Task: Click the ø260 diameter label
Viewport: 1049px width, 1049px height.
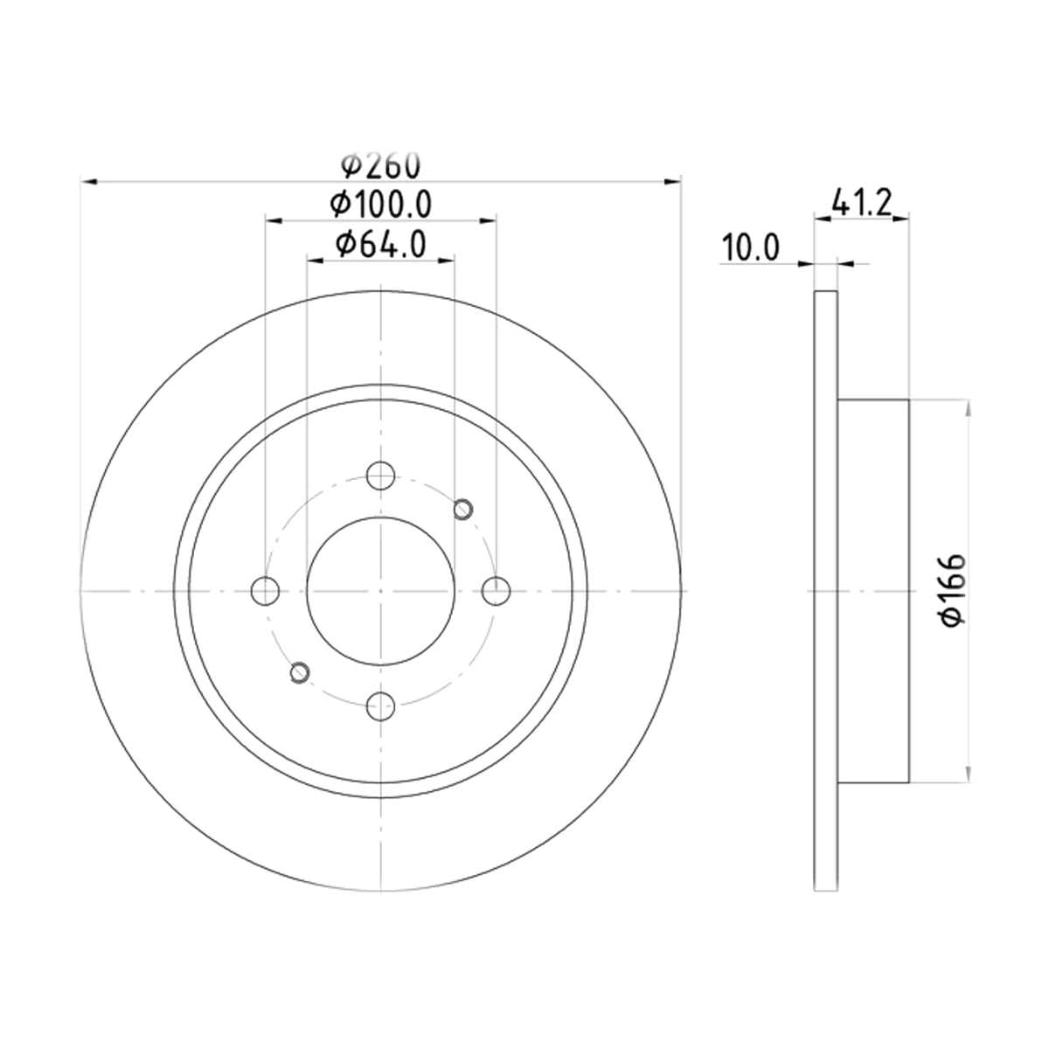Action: pyautogui.click(x=380, y=165)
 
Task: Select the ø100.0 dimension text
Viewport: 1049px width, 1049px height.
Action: pyautogui.click(x=380, y=205)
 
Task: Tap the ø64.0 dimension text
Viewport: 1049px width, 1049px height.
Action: pyautogui.click(x=380, y=245)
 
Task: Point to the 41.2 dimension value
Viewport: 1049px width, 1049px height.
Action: pyautogui.click(x=862, y=203)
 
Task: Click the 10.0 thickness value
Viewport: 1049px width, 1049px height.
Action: pyautogui.click(x=750, y=247)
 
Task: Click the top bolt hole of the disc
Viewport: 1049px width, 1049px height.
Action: pyautogui.click(x=380, y=476)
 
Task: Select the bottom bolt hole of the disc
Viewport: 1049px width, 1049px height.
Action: pyautogui.click(x=380, y=706)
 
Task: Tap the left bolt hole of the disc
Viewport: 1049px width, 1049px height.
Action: pyautogui.click(x=265, y=591)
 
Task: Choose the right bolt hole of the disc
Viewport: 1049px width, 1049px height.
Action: pyautogui.click(x=496, y=591)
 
